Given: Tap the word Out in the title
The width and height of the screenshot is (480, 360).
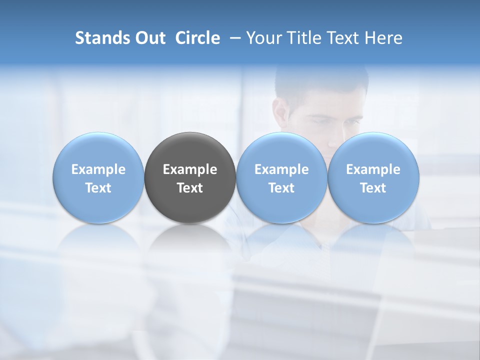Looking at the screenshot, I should click(x=149, y=38).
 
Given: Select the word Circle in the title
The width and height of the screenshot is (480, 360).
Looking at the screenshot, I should click(x=197, y=38).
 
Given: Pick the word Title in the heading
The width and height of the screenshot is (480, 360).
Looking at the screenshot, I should click(x=304, y=38).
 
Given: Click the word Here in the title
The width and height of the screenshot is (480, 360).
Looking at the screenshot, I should click(x=383, y=38).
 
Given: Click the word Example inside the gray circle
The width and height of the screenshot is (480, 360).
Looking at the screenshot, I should click(x=190, y=169).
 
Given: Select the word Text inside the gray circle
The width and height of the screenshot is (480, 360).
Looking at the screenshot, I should click(x=190, y=188).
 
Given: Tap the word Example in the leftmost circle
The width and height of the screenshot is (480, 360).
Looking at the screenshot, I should click(x=98, y=169).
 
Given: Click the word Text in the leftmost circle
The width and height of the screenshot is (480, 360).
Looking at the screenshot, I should click(x=98, y=188).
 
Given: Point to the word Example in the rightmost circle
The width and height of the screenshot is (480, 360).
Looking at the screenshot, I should click(x=373, y=169).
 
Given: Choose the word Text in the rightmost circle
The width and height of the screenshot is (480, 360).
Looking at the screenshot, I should click(x=373, y=188).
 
